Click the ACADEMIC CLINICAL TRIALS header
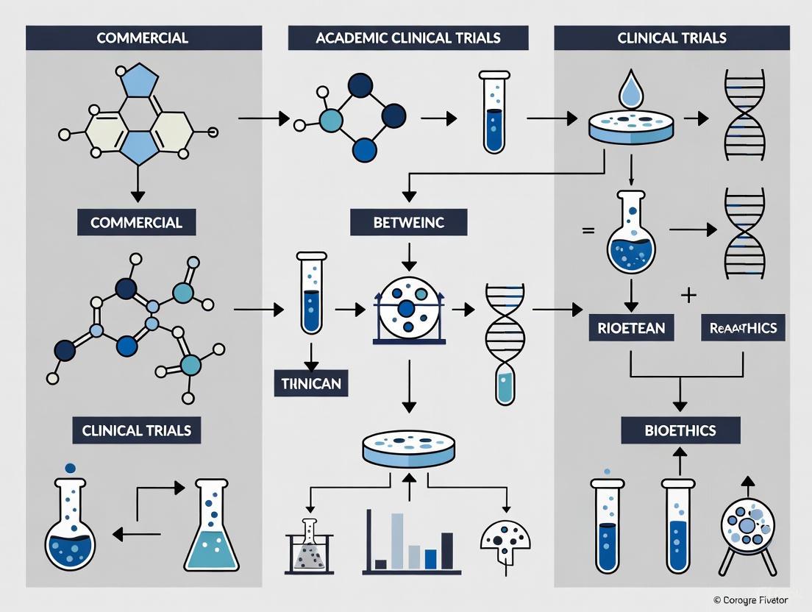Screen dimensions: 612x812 click(x=407, y=38)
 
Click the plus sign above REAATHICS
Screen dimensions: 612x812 click(x=688, y=296)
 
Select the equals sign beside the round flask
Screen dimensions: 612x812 click(x=588, y=230)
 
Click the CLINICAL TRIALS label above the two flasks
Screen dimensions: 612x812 click(x=137, y=430)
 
